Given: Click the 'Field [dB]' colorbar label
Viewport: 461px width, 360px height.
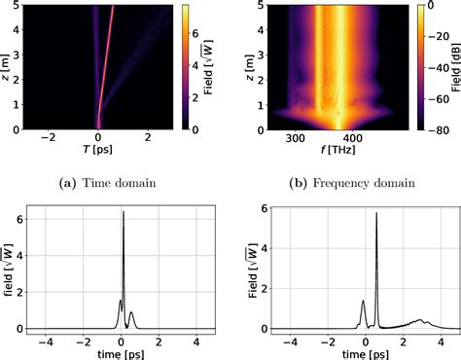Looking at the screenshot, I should pyautogui.click(x=454, y=66).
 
